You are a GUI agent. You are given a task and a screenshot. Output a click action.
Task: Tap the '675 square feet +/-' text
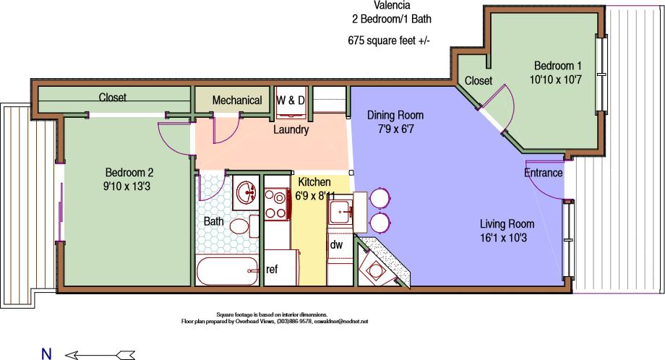tap(388, 40)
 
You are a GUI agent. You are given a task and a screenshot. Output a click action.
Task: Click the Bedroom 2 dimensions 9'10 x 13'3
tap(129, 185)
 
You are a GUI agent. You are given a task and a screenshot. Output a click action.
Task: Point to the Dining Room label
tap(395, 115)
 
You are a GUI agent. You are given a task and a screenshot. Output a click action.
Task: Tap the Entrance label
tap(543, 173)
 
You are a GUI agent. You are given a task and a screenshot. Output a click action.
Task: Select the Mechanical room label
tap(237, 100)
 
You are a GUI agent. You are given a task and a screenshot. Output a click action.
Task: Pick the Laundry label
tap(291, 130)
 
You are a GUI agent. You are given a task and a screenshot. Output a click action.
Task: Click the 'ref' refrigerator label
tap(272, 269)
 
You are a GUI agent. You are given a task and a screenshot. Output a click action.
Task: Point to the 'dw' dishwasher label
tap(336, 244)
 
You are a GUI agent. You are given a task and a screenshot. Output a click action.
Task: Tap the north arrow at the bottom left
tap(100, 354)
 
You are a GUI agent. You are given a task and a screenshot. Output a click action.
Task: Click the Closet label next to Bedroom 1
tap(479, 80)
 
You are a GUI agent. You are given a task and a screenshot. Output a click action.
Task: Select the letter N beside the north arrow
tap(46, 354)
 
